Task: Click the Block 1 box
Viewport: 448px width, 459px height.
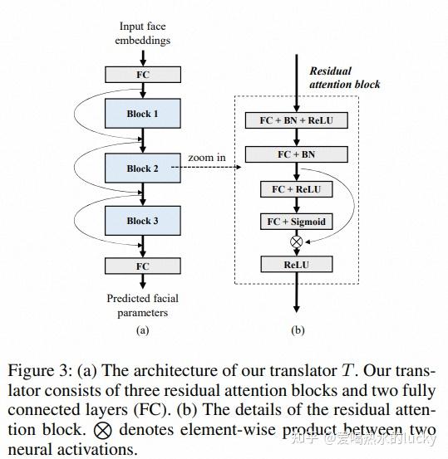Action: (143, 114)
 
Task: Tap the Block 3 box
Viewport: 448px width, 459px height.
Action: (143, 221)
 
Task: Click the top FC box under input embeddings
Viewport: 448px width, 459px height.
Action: (143, 75)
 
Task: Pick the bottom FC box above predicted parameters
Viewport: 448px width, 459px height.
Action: (143, 266)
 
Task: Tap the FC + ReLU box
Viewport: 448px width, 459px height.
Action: (297, 189)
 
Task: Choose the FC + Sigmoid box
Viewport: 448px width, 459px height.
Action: (297, 222)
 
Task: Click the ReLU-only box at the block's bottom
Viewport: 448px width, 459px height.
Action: (297, 264)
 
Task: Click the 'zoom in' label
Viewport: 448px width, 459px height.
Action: (205, 158)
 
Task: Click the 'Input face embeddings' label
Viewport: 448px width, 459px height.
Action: (143, 34)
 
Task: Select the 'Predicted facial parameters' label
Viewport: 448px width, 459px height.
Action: (143, 305)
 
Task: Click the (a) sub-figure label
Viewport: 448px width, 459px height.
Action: (143, 330)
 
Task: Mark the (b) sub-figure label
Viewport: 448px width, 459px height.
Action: (298, 330)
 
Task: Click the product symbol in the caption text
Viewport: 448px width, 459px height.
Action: (102, 431)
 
